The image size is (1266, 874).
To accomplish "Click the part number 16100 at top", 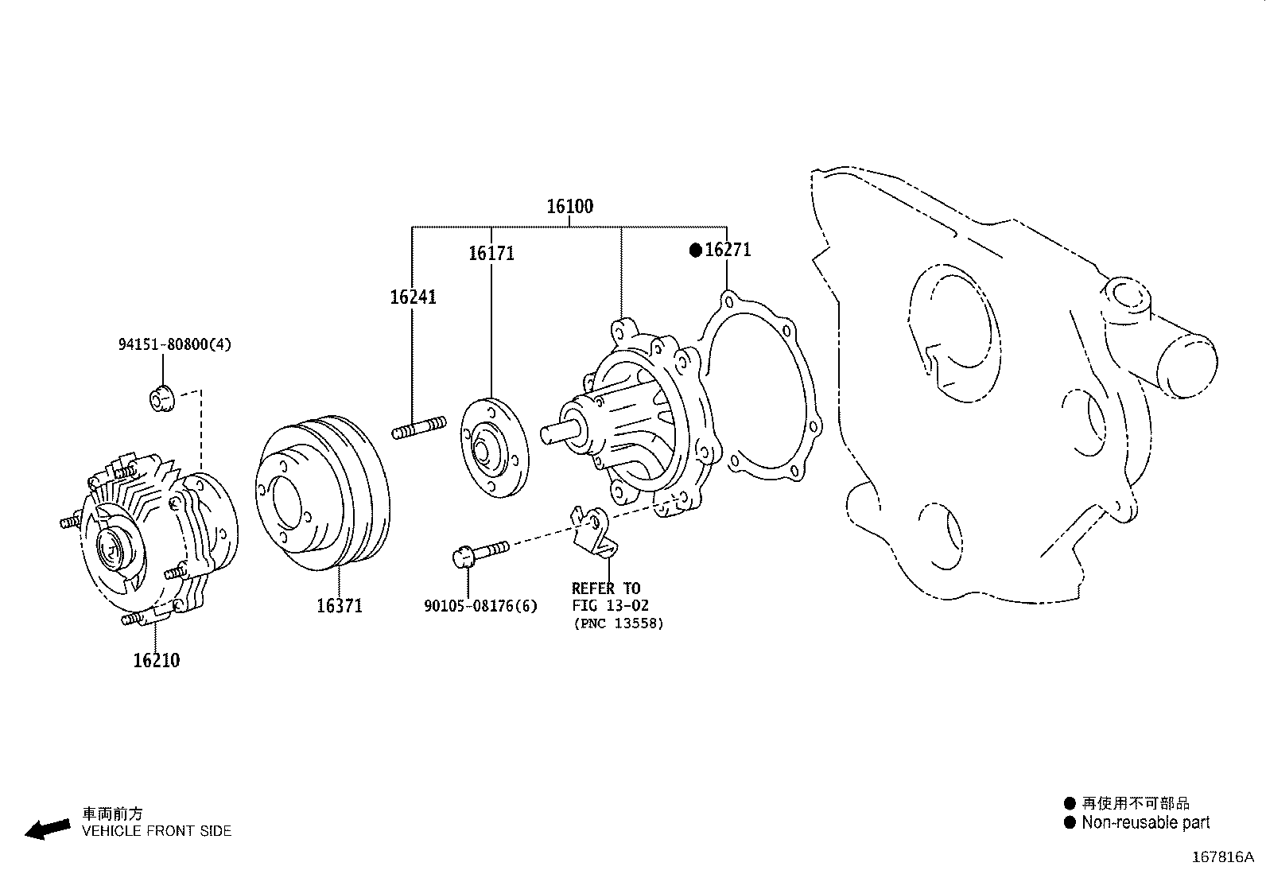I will [569, 207].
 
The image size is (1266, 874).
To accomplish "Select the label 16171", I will [491, 254].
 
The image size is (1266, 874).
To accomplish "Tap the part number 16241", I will [413, 297].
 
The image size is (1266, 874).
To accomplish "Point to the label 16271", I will [728, 250].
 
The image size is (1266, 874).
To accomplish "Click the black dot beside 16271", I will [695, 251].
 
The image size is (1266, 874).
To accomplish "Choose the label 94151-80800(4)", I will [175, 345].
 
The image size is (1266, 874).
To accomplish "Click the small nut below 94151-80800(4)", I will [161, 398].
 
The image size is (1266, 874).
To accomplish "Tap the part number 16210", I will [156, 661].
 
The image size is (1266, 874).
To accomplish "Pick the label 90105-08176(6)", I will [480, 607].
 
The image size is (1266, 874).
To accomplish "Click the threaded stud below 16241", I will [419, 429].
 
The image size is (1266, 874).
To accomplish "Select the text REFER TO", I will [605, 588].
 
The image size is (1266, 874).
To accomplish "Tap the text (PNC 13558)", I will [618, 623].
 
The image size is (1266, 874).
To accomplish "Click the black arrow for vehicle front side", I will [47, 829].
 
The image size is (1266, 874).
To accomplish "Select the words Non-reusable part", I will [1145, 823].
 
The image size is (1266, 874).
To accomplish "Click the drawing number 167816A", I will [1222, 857].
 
